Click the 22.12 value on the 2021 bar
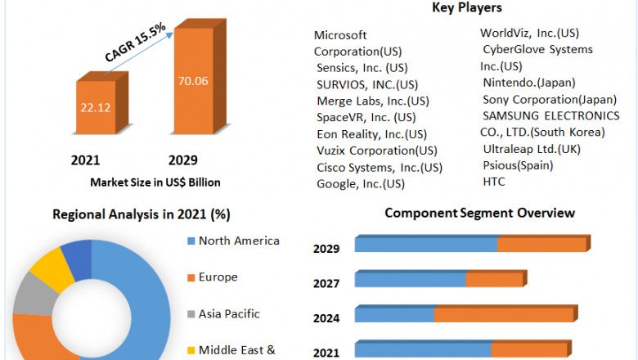point(97,106)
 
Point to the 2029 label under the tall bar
point(182,160)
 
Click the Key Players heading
point(466,8)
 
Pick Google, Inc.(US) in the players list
point(361,183)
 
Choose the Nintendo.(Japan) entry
point(529,82)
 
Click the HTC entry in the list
point(494,181)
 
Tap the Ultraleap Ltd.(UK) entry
point(532,148)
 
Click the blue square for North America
point(191,241)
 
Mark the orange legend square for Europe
point(191,277)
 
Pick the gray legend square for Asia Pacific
point(191,314)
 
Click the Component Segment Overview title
point(479,214)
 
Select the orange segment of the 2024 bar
point(504,315)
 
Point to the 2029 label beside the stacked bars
point(326,249)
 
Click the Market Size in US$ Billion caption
point(155,182)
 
